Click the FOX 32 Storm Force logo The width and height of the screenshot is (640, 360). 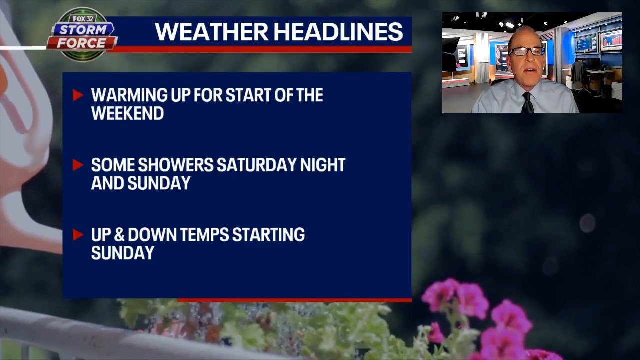[82, 34]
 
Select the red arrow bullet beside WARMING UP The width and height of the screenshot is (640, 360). [77, 95]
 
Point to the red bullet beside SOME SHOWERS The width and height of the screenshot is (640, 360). [77, 165]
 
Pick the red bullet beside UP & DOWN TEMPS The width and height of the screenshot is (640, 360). [77, 234]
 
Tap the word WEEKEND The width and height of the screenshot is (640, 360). [127, 113]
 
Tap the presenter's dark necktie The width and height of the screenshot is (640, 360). [527, 103]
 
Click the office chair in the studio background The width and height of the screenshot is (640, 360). [579, 78]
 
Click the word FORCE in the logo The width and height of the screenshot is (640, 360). [81, 43]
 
